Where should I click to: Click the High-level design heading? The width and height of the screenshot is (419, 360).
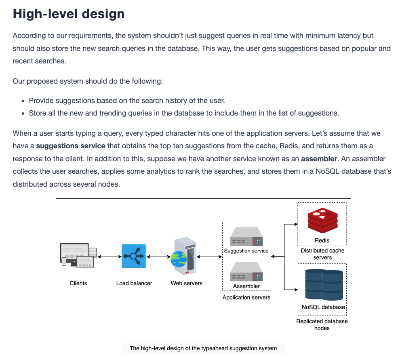pos(69,14)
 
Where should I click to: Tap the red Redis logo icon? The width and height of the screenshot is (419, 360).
pos(322,221)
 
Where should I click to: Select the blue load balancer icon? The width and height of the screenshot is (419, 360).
pos(134,256)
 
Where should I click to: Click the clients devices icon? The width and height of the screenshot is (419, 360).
pos(78,255)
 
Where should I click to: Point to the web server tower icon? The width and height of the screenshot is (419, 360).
pos(183,256)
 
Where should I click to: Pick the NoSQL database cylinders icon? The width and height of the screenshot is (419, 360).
pos(324,284)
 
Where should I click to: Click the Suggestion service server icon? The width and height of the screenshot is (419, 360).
pos(246,236)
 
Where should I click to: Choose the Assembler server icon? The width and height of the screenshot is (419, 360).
pos(246,272)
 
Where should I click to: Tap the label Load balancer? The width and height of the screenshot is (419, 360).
pos(134,283)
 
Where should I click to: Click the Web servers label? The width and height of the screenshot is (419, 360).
pos(187,283)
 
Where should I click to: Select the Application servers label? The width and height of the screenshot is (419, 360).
pos(246,297)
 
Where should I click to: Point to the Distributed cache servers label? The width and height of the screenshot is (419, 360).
pos(322,254)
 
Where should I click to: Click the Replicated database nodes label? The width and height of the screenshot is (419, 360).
pos(322,325)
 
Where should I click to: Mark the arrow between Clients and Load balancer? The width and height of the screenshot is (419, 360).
pos(109,257)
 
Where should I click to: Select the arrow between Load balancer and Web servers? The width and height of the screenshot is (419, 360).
pos(158,257)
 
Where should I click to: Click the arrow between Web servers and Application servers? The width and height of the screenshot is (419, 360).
pos(209,257)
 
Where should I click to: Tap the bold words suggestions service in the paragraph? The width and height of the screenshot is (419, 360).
pos(71,146)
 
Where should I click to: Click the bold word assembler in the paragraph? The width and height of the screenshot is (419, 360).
pos(319,159)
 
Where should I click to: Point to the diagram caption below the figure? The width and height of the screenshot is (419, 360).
pos(203,349)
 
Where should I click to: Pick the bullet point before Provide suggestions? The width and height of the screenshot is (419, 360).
pos(23,101)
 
